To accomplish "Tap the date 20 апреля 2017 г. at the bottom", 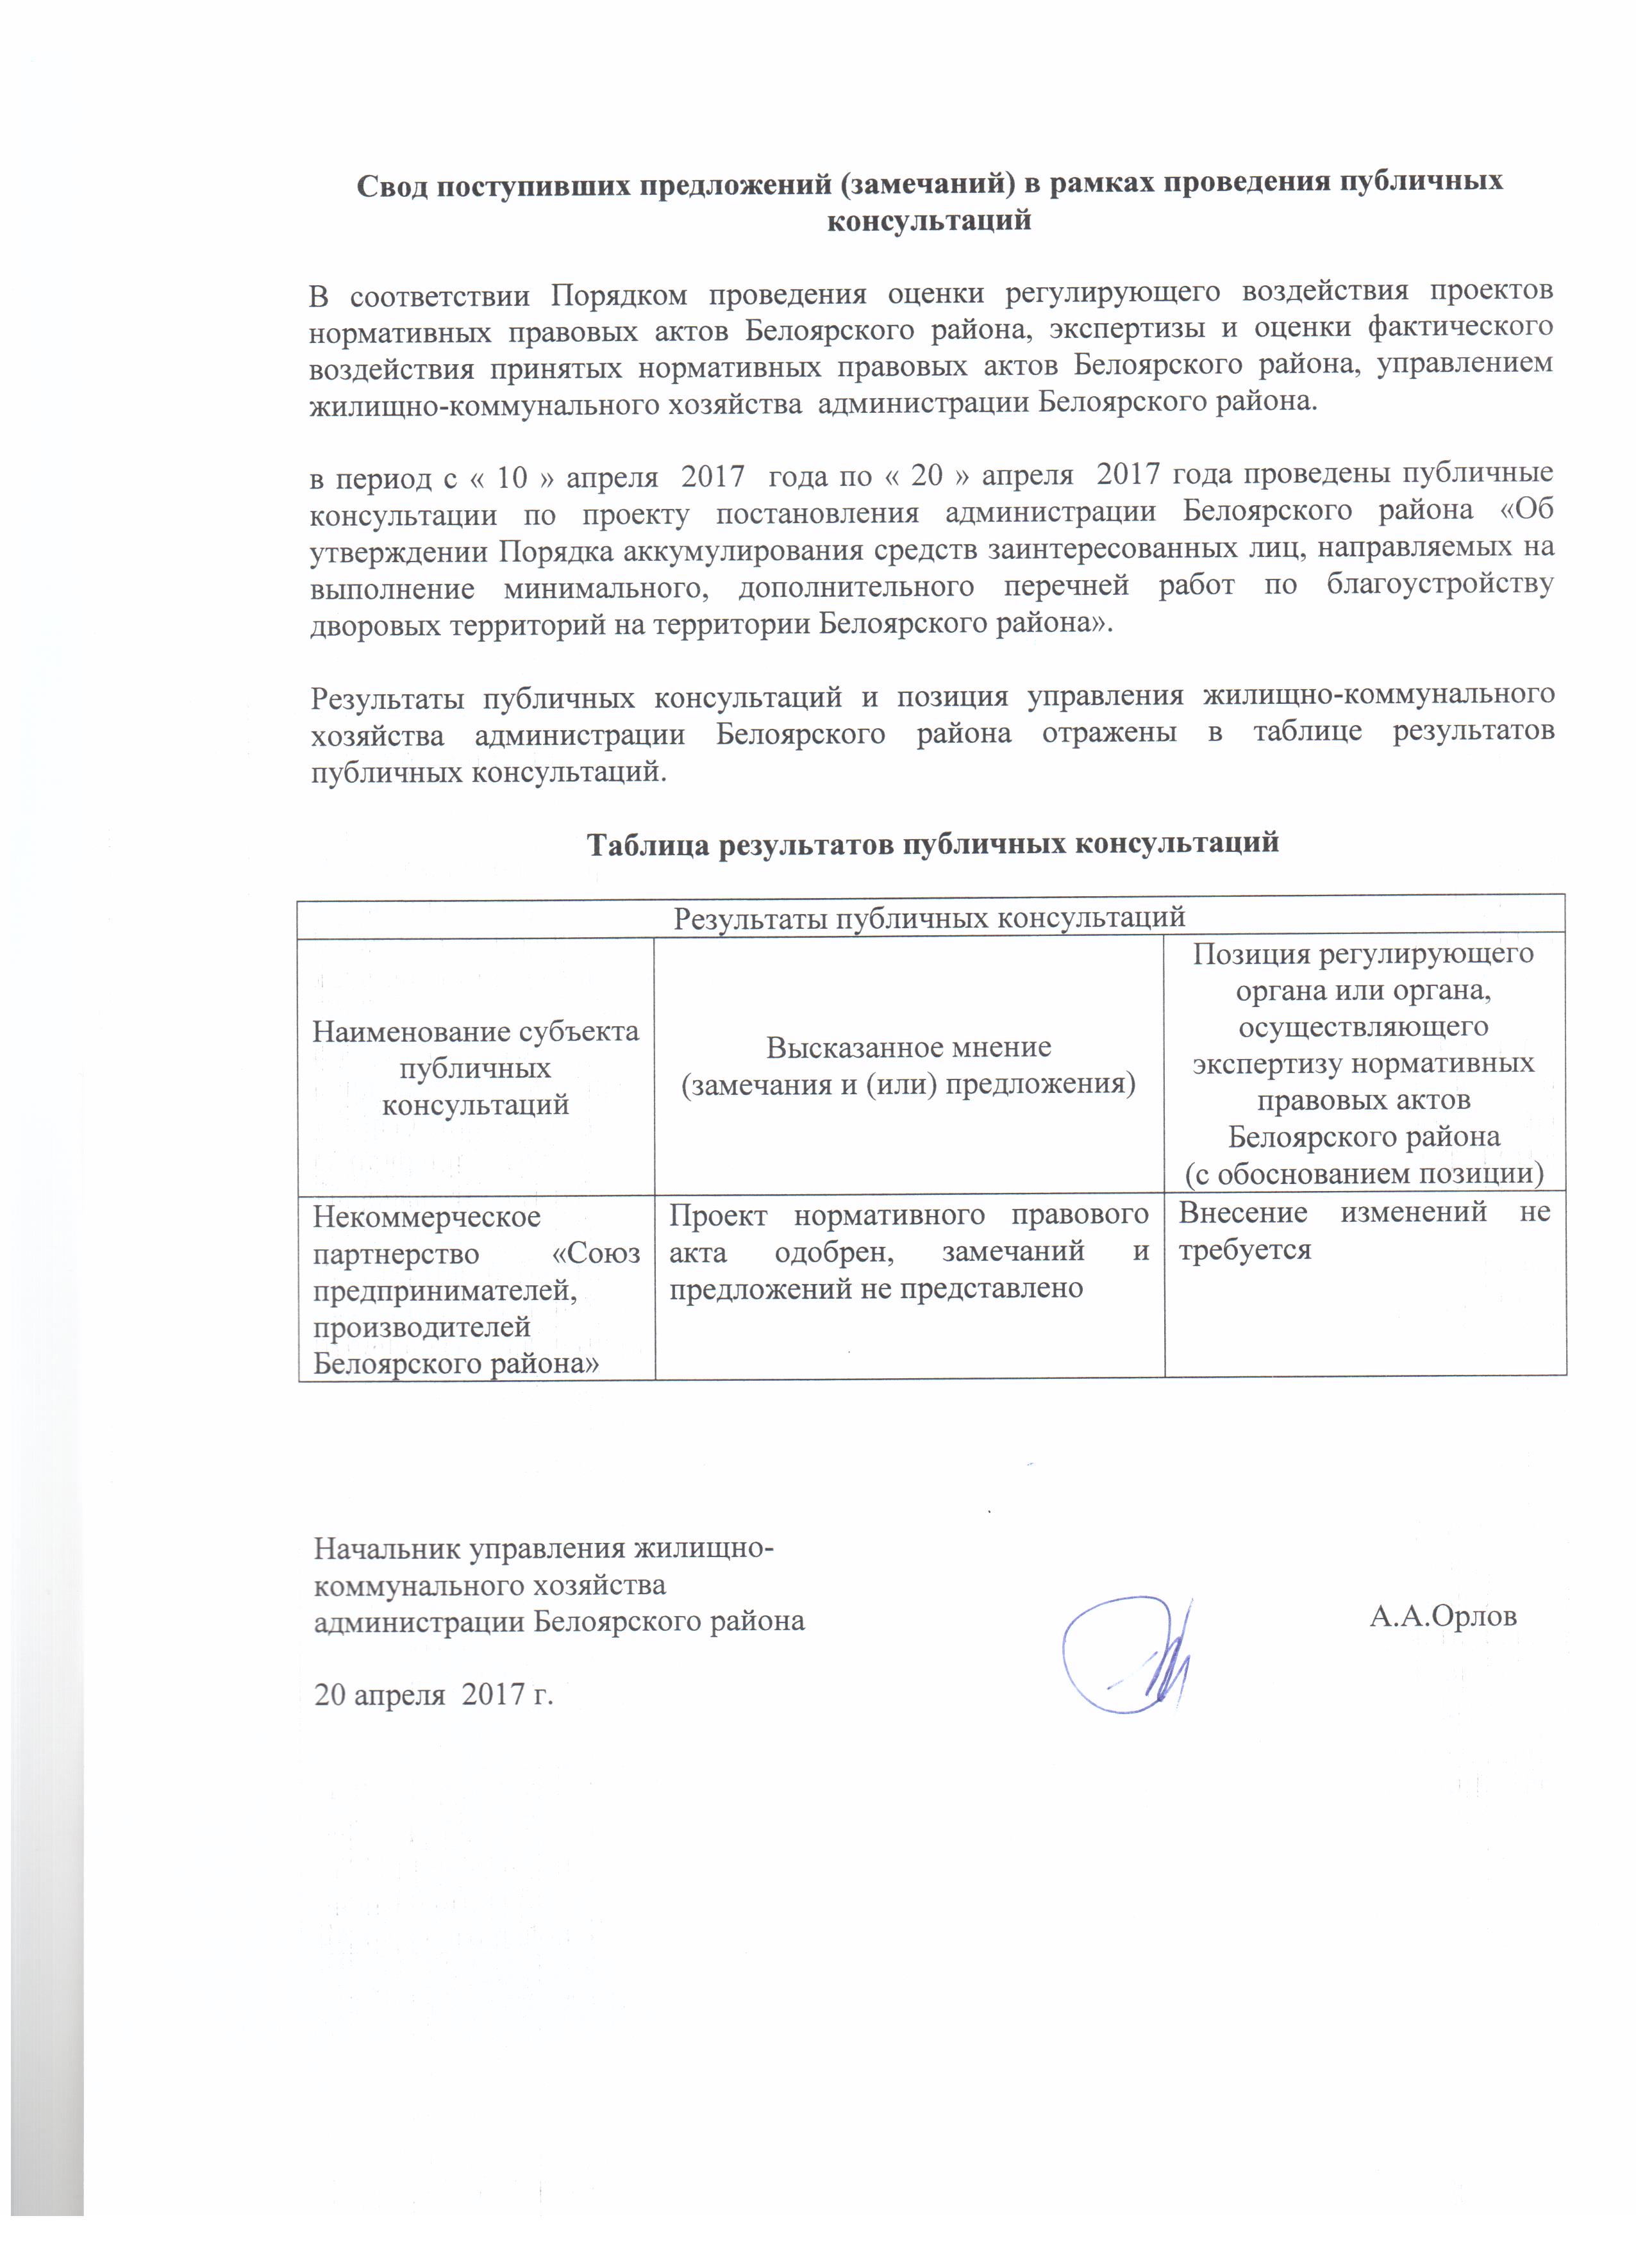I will point(433,1694).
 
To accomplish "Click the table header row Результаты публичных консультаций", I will point(930,917).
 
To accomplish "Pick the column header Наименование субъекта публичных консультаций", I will point(475,1069).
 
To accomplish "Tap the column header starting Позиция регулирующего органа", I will point(1363,1063).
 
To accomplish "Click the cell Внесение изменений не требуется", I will point(1363,1231).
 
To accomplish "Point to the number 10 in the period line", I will point(512,477).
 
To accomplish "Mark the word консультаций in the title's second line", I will point(929,221).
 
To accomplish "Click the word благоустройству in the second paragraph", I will point(1439,585).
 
